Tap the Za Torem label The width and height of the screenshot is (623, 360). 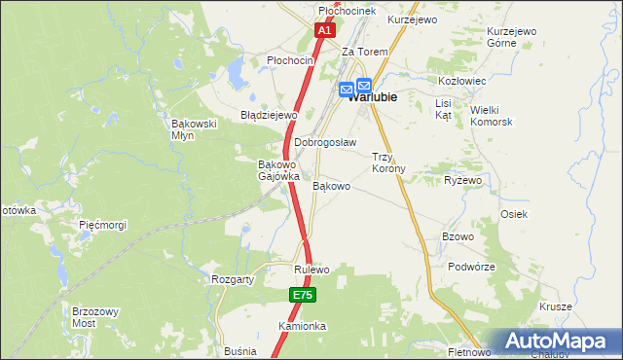(365, 52)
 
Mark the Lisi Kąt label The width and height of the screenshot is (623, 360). (444, 109)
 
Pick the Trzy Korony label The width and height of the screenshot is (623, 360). (388, 162)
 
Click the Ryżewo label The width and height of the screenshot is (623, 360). (463, 181)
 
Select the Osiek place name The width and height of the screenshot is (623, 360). (514, 214)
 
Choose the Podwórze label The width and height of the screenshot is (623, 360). (472, 267)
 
